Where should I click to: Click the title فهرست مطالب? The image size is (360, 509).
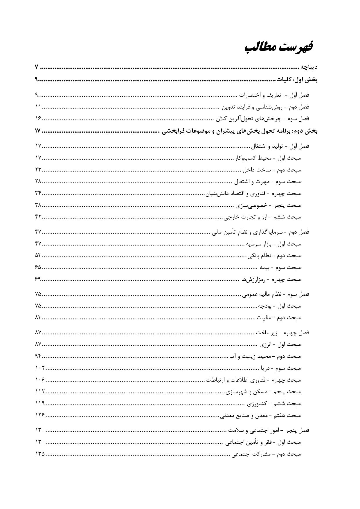click(x=278, y=47)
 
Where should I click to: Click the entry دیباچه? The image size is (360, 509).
click(x=309, y=67)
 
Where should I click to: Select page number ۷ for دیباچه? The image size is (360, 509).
click(x=36, y=67)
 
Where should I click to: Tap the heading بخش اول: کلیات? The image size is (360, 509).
click(x=297, y=79)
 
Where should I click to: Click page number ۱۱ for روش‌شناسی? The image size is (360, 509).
click(x=38, y=107)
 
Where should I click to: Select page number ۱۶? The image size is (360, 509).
click(x=38, y=118)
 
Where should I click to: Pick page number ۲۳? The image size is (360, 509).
click(x=38, y=169)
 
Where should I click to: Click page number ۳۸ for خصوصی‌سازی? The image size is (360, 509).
click(x=38, y=205)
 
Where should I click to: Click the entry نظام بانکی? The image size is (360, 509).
click(x=274, y=256)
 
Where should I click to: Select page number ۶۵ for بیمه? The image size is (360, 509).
click(x=38, y=267)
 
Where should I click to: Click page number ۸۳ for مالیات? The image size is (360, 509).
click(x=38, y=317)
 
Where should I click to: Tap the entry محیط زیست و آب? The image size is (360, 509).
click(x=265, y=356)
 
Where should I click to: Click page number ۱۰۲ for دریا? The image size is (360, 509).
click(x=40, y=368)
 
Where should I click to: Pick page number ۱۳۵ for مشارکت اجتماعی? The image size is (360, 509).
click(x=40, y=454)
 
